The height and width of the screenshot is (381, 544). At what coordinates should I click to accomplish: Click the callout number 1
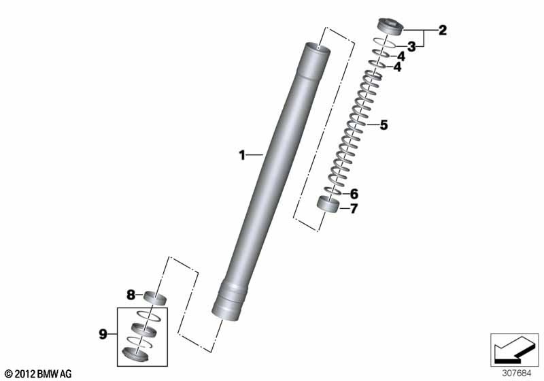click(x=242, y=155)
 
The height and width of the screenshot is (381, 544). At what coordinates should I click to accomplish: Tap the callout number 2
click(x=443, y=31)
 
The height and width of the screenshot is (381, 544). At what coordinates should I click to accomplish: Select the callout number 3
click(x=411, y=46)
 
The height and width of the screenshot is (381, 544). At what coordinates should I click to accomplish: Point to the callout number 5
click(x=384, y=125)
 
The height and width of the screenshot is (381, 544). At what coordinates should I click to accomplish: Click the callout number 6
click(x=354, y=194)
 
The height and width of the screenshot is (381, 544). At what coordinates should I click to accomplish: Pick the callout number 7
click(x=354, y=209)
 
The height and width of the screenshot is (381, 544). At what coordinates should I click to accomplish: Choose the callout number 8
click(x=131, y=295)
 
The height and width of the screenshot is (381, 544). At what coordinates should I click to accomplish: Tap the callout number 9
click(x=103, y=335)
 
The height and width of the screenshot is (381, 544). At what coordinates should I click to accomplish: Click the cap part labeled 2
click(x=390, y=27)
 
